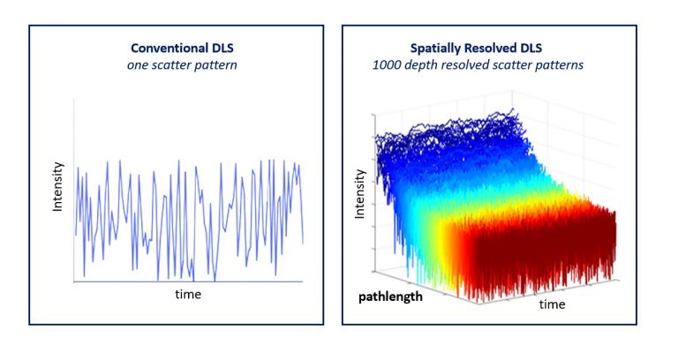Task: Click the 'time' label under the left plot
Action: coord(187,294)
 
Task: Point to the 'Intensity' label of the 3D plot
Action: coord(360,193)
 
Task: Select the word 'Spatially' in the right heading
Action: coord(440,47)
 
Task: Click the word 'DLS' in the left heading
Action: coord(214,47)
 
